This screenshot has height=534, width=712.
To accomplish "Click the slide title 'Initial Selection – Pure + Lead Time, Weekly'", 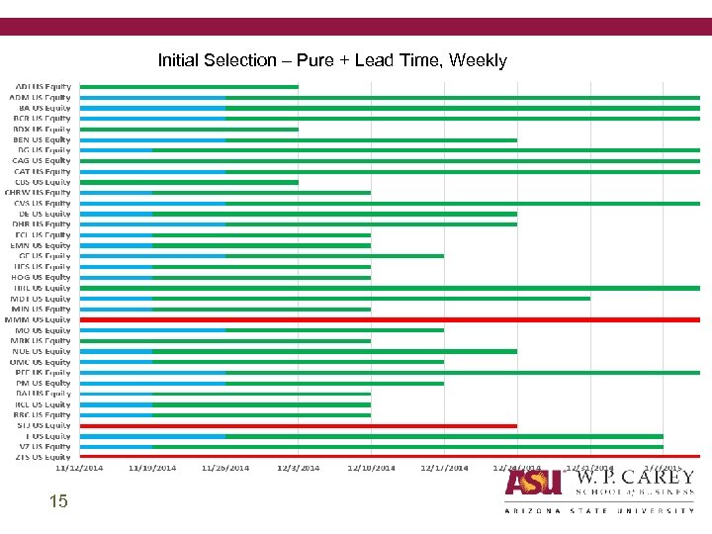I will pyautogui.click(x=331, y=60).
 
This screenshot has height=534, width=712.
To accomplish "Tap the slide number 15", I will pyautogui.click(x=58, y=502).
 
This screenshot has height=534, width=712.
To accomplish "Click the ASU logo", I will pyautogui.click(x=534, y=482).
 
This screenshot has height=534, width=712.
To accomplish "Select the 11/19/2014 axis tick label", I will pyautogui.click(x=152, y=468).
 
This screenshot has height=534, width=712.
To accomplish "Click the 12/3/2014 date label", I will pyautogui.click(x=298, y=468).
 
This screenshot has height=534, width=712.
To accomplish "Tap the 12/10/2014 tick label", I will pyautogui.click(x=370, y=468).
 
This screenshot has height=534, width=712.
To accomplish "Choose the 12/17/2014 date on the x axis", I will pyautogui.click(x=444, y=468).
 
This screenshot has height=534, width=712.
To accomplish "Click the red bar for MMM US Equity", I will pyautogui.click(x=390, y=319).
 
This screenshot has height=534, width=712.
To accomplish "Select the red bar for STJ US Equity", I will pyautogui.click(x=298, y=425).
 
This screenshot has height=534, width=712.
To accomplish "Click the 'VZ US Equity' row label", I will pyautogui.click(x=45, y=447).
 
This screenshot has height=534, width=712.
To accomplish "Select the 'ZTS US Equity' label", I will pyautogui.click(x=43, y=457).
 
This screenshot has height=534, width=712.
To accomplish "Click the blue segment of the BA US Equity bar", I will pyautogui.click(x=152, y=108).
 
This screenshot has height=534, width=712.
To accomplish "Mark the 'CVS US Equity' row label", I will pyautogui.click(x=43, y=203).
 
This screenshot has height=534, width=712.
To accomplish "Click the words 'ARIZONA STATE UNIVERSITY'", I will pyautogui.click(x=599, y=510).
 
